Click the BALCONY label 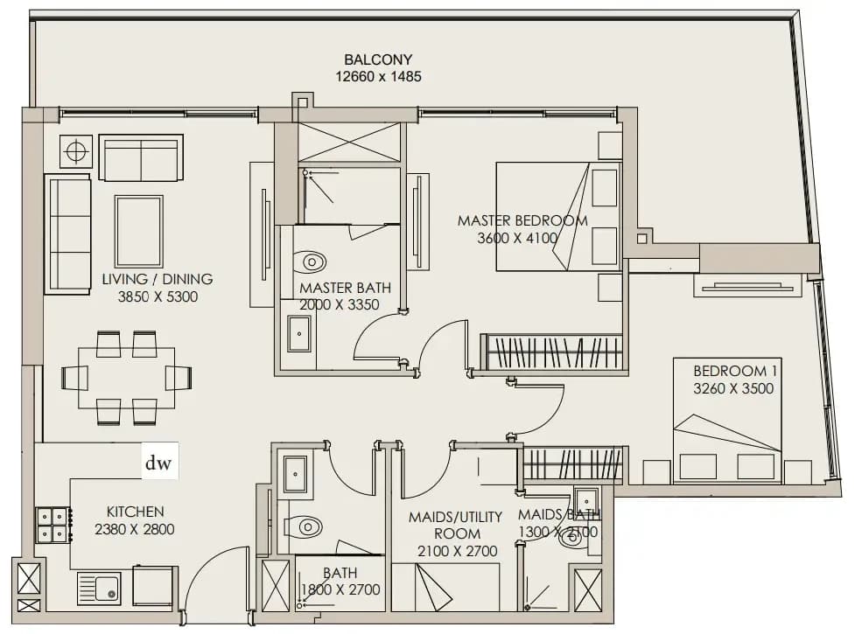[378, 59]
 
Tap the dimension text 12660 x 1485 [378, 77]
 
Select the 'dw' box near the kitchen [160, 461]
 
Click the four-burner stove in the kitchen [53, 525]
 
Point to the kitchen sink [99, 589]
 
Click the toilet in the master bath [309, 262]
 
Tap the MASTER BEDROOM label [522, 220]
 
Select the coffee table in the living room [139, 232]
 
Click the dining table [127, 378]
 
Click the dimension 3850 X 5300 [158, 296]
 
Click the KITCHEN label [136, 512]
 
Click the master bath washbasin [298, 333]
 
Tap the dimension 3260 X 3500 [733, 388]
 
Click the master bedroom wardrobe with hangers [551, 352]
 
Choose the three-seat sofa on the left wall [67, 234]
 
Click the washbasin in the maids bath [586, 499]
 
